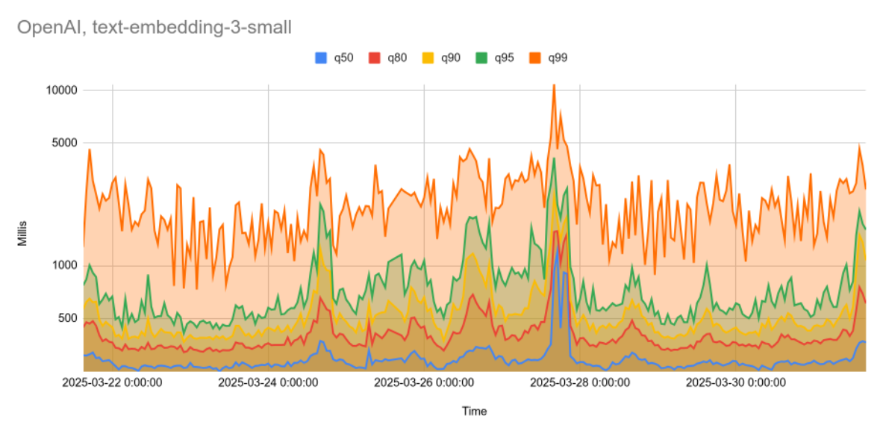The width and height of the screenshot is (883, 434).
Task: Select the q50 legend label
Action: pyautogui.click(x=343, y=58)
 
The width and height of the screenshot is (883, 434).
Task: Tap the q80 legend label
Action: pyautogui.click(x=396, y=58)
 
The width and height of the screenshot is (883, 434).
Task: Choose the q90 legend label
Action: pyautogui.click(x=450, y=58)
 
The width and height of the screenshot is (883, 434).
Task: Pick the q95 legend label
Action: pyautogui.click(x=504, y=58)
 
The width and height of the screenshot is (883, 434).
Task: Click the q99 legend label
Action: pyautogui.click(x=558, y=58)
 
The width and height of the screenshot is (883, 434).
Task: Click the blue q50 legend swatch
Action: pyautogui.click(x=322, y=58)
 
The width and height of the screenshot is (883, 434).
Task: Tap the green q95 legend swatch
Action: pyautogui.click(x=482, y=58)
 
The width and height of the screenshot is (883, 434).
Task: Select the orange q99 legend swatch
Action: pyautogui.click(x=536, y=58)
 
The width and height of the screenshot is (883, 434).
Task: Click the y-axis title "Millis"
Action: pyautogui.click(x=23, y=230)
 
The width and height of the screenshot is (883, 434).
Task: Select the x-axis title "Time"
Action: pyautogui.click(x=474, y=411)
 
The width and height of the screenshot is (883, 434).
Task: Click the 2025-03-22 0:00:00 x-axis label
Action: pyautogui.click(x=111, y=383)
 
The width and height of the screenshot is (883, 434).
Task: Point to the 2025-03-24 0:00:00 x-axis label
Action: pyautogui.click(x=268, y=383)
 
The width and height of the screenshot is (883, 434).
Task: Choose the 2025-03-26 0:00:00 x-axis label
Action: pyautogui.click(x=423, y=383)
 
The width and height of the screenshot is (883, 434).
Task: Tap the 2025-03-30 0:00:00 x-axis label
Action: pyautogui.click(x=735, y=383)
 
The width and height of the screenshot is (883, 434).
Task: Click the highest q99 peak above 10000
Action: pyautogui.click(x=553, y=86)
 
